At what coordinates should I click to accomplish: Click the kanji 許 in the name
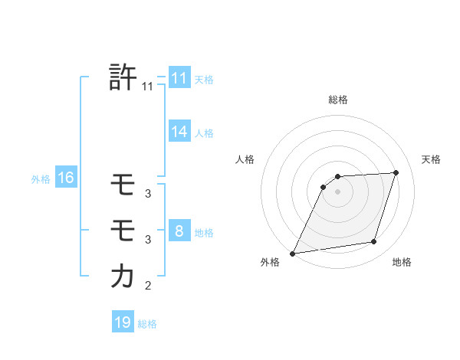click(123, 77)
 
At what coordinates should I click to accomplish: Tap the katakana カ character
click(123, 276)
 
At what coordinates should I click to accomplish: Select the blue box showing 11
click(179, 78)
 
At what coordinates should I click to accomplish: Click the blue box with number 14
click(179, 132)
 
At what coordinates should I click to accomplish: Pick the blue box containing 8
click(179, 231)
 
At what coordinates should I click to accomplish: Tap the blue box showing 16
click(65, 178)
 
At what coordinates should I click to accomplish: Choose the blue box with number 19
click(123, 322)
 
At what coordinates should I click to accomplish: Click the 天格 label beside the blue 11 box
click(204, 80)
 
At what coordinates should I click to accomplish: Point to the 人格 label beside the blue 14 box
click(204, 133)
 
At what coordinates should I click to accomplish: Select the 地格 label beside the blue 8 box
click(204, 233)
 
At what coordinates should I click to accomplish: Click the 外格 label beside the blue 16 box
click(41, 180)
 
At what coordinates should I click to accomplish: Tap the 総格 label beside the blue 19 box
click(147, 324)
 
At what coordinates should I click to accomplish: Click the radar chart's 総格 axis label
click(338, 100)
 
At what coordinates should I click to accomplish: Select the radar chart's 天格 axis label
click(431, 159)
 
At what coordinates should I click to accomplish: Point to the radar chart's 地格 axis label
click(402, 263)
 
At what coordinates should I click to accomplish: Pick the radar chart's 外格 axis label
click(270, 263)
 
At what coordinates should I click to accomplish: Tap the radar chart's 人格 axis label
click(245, 159)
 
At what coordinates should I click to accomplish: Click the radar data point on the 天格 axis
click(396, 172)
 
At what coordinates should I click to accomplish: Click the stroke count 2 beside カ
click(148, 286)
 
